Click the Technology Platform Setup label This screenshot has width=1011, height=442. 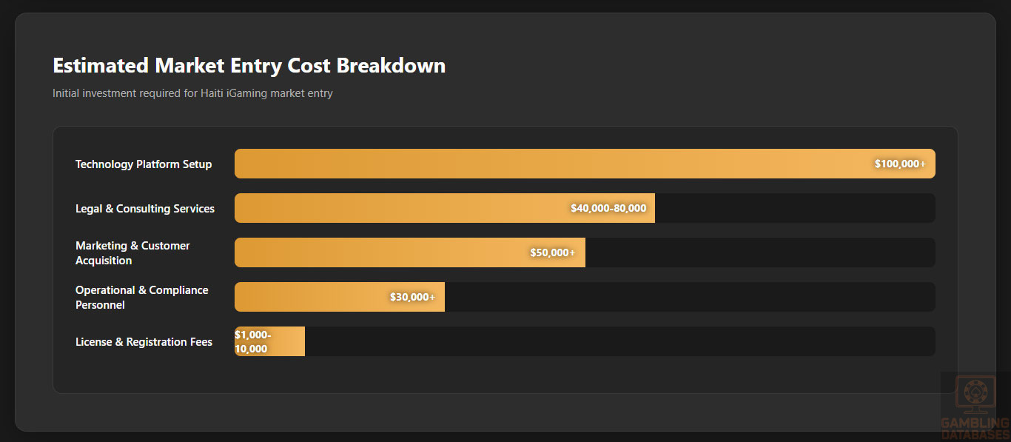(144, 164)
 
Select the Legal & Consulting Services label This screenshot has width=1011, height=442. (145, 209)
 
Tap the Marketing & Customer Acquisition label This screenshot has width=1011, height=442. (132, 253)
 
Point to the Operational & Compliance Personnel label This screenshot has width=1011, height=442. (141, 298)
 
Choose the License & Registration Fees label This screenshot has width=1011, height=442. (144, 342)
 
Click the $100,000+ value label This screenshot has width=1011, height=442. (900, 164)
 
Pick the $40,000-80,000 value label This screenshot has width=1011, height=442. (608, 208)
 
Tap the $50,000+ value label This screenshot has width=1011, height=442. (552, 252)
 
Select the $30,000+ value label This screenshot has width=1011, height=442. (412, 297)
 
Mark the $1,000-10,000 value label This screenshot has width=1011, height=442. (252, 341)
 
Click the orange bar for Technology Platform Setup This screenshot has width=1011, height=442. (518, 164)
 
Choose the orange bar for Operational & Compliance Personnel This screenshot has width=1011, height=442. (311, 297)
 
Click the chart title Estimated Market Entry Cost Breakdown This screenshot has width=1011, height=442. (249, 65)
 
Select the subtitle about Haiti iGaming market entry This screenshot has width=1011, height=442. (192, 93)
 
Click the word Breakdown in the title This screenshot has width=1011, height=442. (391, 65)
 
